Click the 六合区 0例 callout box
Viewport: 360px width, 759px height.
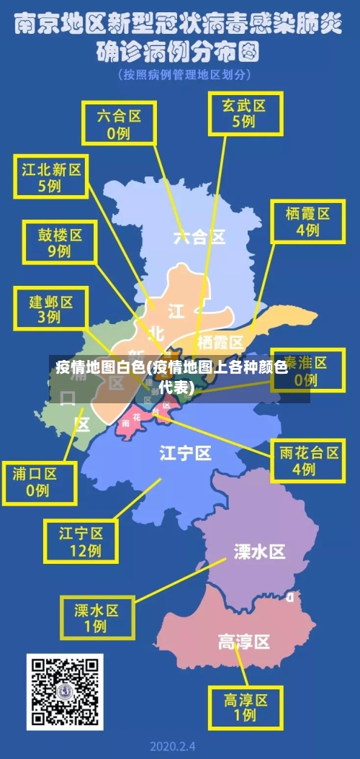point(118,123)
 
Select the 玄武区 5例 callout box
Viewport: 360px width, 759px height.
point(243,113)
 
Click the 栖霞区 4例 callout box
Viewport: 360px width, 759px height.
point(307,222)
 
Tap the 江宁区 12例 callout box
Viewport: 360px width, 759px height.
point(81,542)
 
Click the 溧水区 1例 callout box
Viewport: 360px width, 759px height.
point(96,618)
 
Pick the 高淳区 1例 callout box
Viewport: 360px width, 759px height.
point(245,707)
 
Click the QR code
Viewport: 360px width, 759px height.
point(64,691)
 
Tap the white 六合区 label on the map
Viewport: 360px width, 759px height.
point(199,236)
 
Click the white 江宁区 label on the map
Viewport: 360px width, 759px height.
point(186,453)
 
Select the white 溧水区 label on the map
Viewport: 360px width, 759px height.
point(259,552)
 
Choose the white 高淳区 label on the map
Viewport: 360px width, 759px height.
point(243,641)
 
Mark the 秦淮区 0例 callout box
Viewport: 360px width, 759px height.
point(307,369)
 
